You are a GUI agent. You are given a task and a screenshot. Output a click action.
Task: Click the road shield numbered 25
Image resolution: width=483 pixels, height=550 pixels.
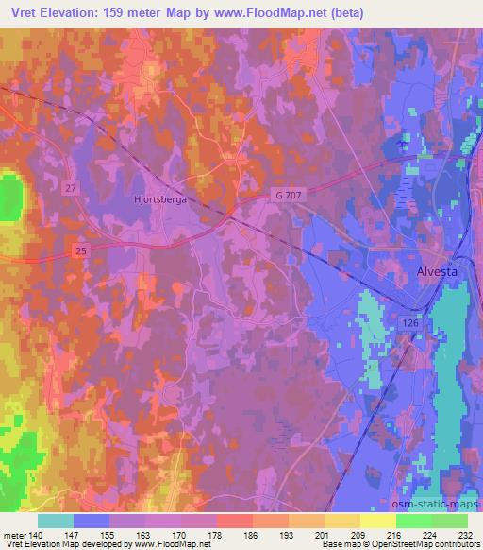pyautogui.click(x=80, y=249)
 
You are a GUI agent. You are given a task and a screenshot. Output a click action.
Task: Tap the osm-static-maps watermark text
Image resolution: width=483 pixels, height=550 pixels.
pyautogui.click(x=441, y=504)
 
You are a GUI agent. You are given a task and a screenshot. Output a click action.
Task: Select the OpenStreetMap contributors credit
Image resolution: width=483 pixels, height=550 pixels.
pyautogui.click(x=425, y=545)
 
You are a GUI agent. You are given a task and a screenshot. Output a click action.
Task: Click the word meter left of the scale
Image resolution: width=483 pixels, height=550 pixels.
pyautogui.click(x=14, y=535)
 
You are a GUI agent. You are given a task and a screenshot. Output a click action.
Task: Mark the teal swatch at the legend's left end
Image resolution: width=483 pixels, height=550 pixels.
pyautogui.click(x=55, y=521)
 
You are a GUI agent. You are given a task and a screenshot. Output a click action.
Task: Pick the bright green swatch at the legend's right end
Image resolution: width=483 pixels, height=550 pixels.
pyautogui.click(x=450, y=521)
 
